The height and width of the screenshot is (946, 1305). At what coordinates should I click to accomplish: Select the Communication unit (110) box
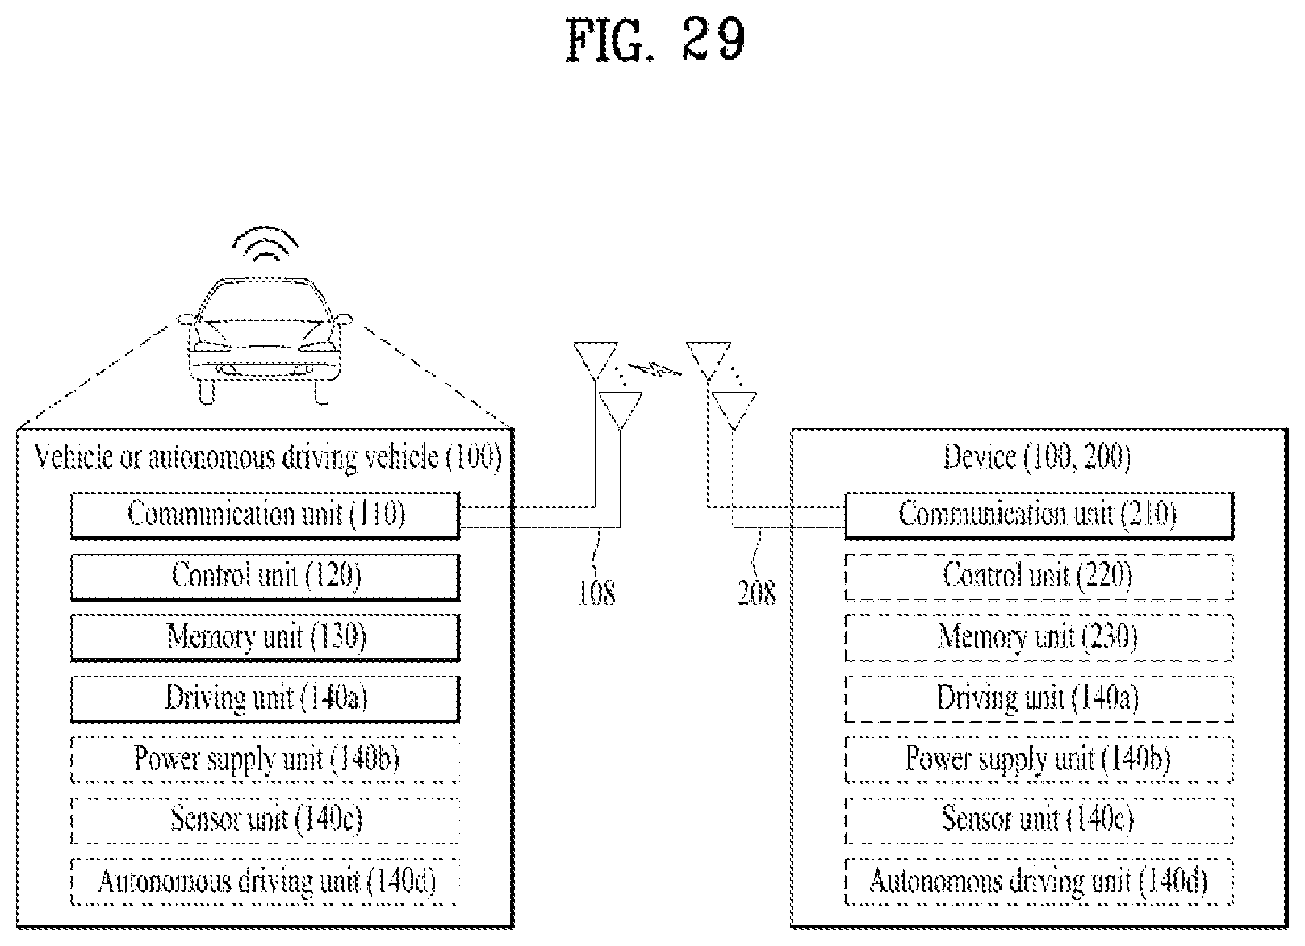coord(265,515)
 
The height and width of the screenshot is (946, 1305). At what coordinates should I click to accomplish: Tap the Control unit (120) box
coord(265,577)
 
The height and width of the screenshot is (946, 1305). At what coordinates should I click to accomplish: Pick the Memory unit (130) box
coord(265,637)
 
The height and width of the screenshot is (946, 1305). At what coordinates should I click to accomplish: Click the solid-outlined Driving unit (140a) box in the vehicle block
coord(265,698)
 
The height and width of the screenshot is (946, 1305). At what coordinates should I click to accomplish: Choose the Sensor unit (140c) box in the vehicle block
coord(265,820)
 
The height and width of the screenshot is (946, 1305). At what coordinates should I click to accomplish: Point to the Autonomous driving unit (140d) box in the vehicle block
coord(265,881)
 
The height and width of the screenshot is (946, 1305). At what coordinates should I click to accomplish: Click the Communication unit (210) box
coord(1039,515)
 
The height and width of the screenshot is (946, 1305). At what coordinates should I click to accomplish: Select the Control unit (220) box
coord(1039,577)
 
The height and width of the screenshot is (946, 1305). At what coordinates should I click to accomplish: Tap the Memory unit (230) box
coord(1039,637)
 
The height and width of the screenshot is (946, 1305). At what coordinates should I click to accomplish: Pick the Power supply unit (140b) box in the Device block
coord(1039,760)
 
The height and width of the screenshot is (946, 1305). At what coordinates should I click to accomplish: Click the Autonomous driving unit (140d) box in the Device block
coord(1039,881)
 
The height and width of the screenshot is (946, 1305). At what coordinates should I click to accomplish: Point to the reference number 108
coord(597,594)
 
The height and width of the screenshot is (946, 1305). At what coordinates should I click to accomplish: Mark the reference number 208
coord(757,594)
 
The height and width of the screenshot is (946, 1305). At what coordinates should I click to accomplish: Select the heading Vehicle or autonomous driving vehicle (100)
coord(267,457)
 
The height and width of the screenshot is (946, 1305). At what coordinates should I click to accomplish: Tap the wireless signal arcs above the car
coord(265,244)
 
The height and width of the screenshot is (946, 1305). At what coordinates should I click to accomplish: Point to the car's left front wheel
coord(207,391)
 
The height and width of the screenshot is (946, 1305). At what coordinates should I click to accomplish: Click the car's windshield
coord(265,302)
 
